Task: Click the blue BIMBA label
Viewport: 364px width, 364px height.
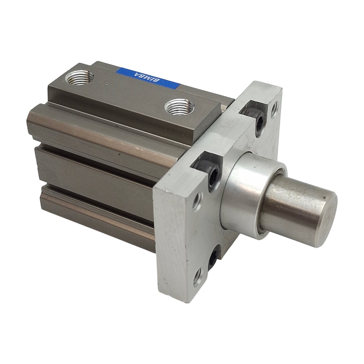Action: (x=148, y=77)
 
